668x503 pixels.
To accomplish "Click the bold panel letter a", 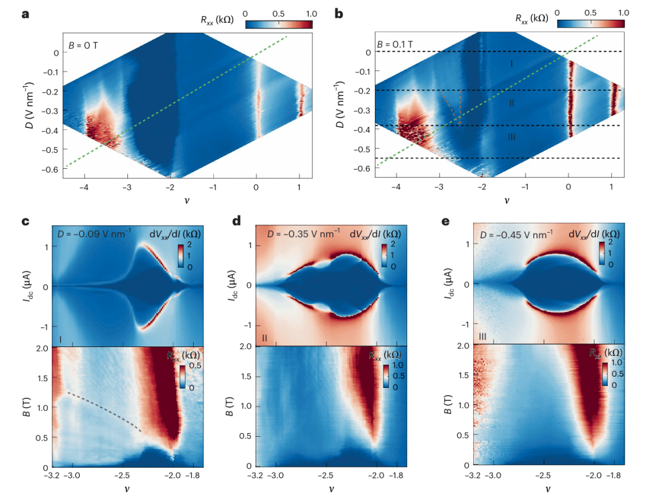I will (x=26, y=12).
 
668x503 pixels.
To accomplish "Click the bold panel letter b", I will (x=339, y=12).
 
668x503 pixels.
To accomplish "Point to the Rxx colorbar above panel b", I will (x=590, y=24).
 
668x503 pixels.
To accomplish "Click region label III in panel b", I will (x=511, y=137).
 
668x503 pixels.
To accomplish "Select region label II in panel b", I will (x=512, y=103).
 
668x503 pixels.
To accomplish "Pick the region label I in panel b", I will (x=512, y=64).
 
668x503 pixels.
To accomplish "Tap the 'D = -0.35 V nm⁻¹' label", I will (x=303, y=233).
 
